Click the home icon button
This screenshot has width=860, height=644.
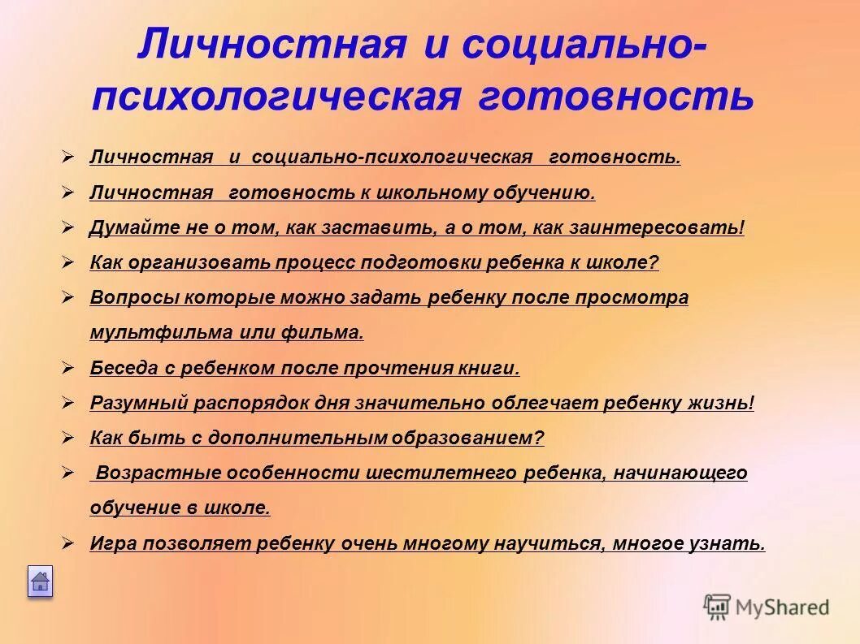(40, 581)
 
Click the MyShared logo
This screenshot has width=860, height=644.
(767, 607)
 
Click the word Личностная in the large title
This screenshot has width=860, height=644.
(271, 44)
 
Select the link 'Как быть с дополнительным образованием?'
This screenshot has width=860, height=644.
(316, 439)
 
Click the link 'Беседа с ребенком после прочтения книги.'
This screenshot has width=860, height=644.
(304, 368)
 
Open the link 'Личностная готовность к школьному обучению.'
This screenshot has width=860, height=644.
(342, 193)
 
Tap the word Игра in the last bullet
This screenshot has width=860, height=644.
(113, 543)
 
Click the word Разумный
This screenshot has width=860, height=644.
(138, 403)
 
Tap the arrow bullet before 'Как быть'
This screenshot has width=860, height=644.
(68, 438)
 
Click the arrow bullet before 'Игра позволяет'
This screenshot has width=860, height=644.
(68, 542)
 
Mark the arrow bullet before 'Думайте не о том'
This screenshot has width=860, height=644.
(68, 227)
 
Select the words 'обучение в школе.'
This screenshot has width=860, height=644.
(179, 508)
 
